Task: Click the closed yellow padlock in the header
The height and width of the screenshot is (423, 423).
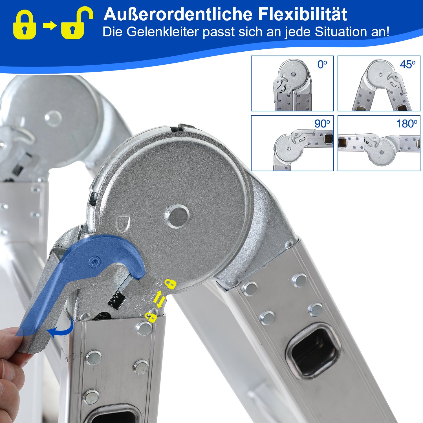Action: [25, 24]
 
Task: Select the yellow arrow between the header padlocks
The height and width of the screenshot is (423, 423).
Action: [50, 26]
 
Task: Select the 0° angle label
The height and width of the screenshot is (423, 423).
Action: [322, 65]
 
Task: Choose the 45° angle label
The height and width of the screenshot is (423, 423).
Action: [407, 65]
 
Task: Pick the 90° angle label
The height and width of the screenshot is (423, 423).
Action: [322, 124]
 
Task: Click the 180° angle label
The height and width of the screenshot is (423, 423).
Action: [407, 124]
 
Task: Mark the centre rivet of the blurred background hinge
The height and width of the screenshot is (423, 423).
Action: [53, 118]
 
